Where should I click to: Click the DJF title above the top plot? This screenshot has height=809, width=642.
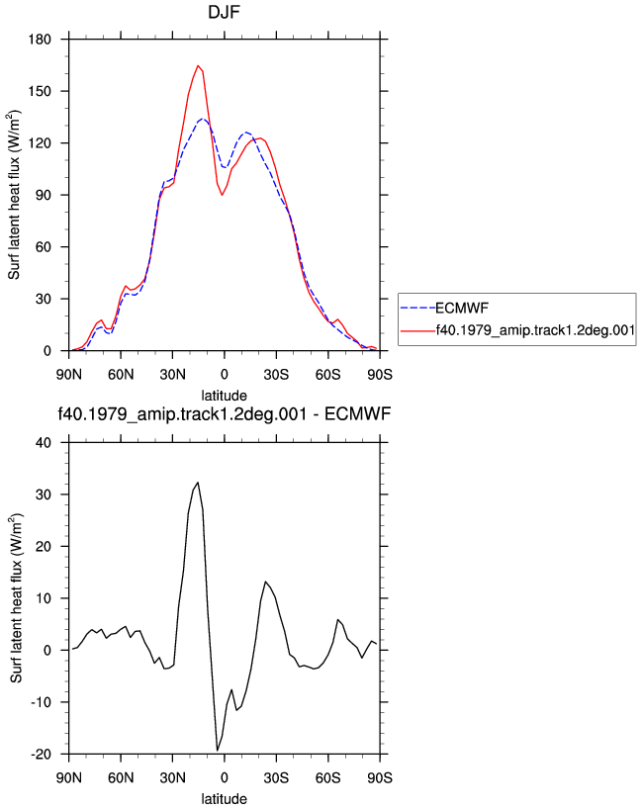pyautogui.click(x=224, y=12)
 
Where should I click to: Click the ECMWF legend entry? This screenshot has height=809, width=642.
pyautogui.click(x=462, y=308)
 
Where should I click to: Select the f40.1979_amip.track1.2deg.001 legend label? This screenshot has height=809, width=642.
pyautogui.click(x=535, y=330)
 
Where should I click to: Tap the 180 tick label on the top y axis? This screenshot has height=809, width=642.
pyautogui.click(x=40, y=40)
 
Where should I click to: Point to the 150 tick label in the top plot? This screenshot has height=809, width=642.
pyautogui.click(x=40, y=91)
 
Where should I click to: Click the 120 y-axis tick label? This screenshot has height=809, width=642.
pyautogui.click(x=40, y=143)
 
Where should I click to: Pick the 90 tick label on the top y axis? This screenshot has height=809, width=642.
pyautogui.click(x=44, y=195)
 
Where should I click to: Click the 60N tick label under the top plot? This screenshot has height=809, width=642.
pyautogui.click(x=121, y=374)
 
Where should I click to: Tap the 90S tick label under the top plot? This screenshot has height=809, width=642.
pyautogui.click(x=380, y=374)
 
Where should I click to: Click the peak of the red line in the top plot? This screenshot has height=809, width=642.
pyautogui.click(x=198, y=65)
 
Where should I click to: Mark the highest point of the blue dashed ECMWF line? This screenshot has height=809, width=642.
pyautogui.click(x=204, y=119)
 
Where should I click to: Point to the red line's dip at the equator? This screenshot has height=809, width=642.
pyautogui.click(x=222, y=195)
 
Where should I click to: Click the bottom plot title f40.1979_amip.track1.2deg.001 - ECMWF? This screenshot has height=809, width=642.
pyautogui.click(x=224, y=413)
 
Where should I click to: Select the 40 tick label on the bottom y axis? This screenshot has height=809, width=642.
pyautogui.click(x=44, y=443)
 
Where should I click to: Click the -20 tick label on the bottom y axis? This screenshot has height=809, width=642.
pyautogui.click(x=41, y=755)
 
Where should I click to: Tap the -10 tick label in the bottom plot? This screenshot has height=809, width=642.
pyautogui.click(x=41, y=702)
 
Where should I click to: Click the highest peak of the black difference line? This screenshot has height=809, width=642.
pyautogui.click(x=198, y=483)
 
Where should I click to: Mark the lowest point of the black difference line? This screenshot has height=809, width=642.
pyautogui.click(x=218, y=751)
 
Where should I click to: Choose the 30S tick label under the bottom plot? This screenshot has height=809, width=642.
pyautogui.click(x=276, y=777)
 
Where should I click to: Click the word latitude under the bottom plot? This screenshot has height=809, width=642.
pyautogui.click(x=224, y=799)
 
